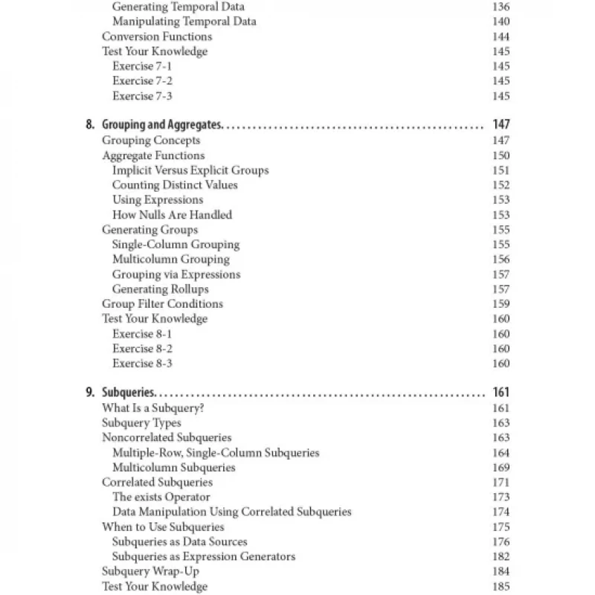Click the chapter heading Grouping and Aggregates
point(162,125)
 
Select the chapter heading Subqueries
point(128,393)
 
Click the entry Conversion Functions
point(156,36)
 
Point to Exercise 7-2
point(142,81)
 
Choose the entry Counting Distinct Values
point(175,185)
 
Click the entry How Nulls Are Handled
point(172,215)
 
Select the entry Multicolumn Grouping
point(170,260)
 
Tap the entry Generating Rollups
point(160,289)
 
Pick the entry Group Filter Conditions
point(162,304)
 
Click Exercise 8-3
point(142,364)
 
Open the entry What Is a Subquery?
point(153,408)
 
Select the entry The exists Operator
point(161,498)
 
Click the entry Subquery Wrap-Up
point(150,572)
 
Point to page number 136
point(501,7)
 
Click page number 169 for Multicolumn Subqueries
point(501,468)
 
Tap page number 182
point(501,557)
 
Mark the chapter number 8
point(90,125)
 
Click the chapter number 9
point(90,393)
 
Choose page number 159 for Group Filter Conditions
point(501,304)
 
